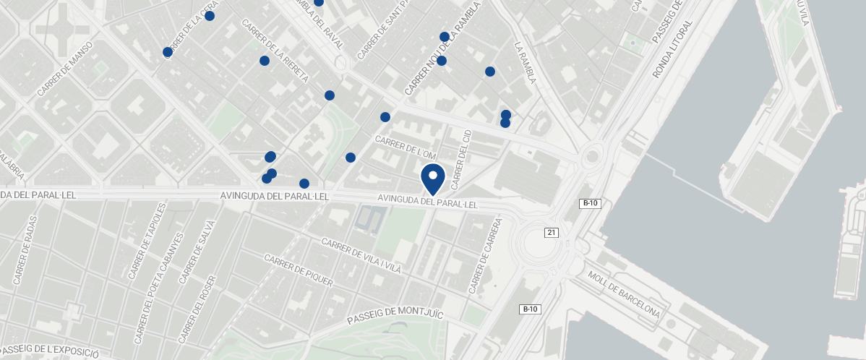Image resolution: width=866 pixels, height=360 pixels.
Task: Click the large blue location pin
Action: (433, 178)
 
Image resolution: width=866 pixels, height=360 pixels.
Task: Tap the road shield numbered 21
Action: (552, 232)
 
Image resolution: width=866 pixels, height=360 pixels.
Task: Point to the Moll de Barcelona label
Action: (624, 294)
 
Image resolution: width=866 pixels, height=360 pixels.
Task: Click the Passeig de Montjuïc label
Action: (395, 316)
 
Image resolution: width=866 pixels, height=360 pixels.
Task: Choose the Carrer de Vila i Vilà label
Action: (361, 256)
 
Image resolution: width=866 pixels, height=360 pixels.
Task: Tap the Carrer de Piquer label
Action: (298, 270)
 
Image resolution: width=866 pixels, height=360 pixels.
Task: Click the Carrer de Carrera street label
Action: (485, 257)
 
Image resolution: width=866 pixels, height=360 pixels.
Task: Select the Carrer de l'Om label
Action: (406, 147)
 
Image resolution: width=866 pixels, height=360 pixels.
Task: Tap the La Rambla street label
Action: (525, 63)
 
